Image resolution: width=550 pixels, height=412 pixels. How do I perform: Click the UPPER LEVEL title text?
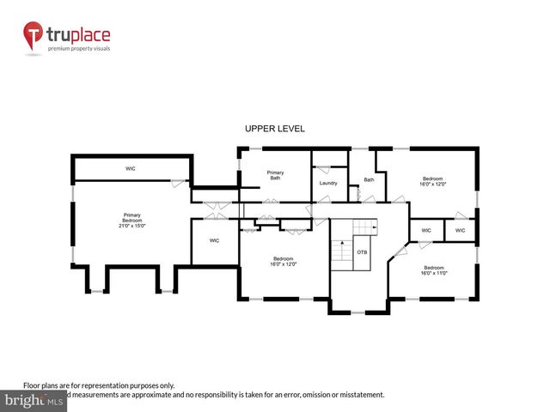pos(275,129)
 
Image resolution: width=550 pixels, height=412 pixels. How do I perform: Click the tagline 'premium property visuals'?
pos(78,49)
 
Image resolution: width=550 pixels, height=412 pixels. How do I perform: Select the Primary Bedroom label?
pos(131,217)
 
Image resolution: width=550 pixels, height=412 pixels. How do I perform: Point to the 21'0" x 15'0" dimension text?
pos(131,226)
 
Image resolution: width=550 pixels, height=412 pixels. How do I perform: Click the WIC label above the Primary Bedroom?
pos(131,168)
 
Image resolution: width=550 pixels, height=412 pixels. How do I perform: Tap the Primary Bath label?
pos(275,175)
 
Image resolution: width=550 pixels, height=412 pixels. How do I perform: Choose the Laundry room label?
pos(327,183)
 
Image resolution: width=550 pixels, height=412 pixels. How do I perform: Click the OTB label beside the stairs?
pos(362,252)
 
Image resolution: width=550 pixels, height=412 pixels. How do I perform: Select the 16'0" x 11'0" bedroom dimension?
pos(434,273)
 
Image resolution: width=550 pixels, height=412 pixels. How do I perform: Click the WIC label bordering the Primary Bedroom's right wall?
pos(214,240)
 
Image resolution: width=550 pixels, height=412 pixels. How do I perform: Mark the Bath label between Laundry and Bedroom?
pos(369,179)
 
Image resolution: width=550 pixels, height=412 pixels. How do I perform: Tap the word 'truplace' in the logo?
pos(78,35)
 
